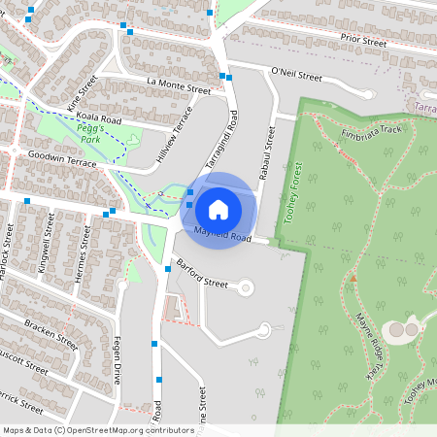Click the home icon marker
click(x=218, y=209)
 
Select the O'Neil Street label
click(x=296, y=74)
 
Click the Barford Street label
click(x=202, y=279)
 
